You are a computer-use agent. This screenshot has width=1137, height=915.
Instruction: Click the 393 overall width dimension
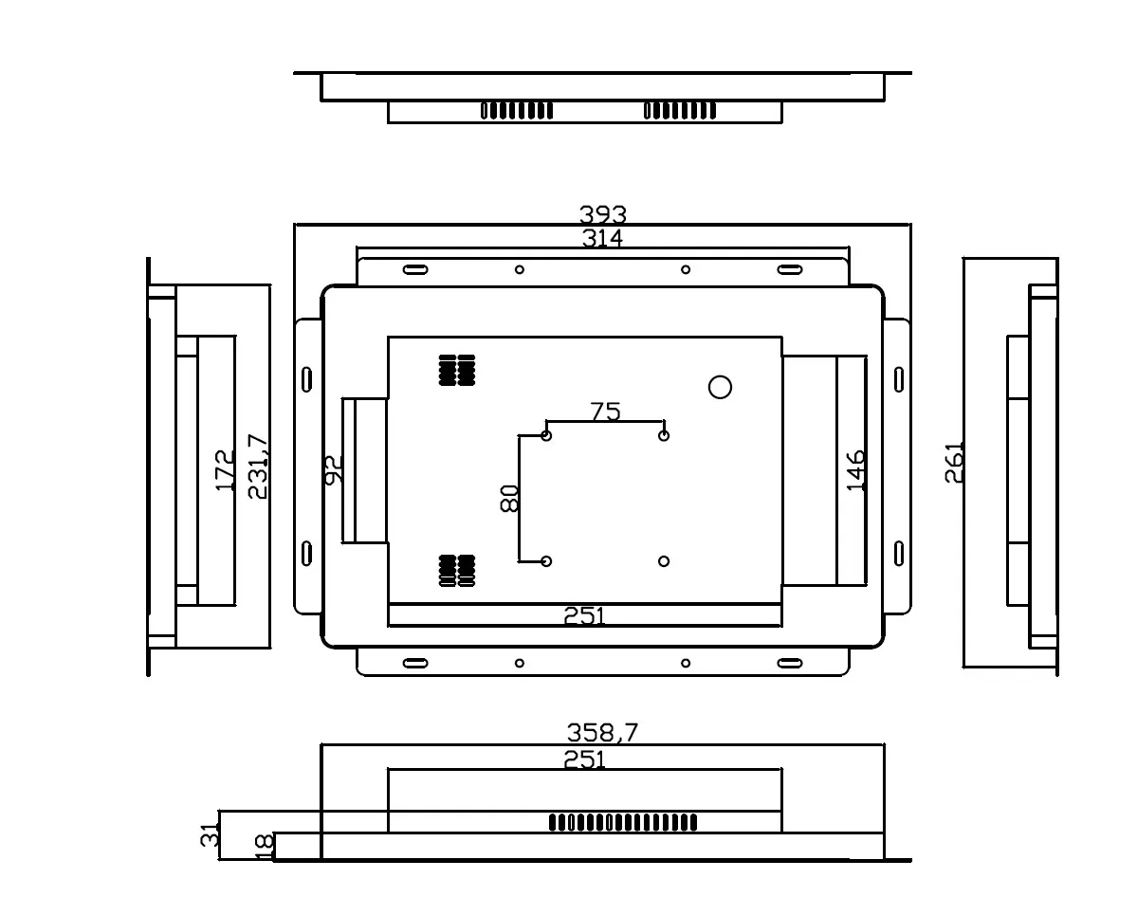pyautogui.click(x=603, y=215)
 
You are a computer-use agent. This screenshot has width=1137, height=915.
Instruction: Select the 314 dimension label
pyautogui.click(x=603, y=238)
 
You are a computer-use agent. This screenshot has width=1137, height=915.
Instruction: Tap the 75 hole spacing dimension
pyautogui.click(x=605, y=412)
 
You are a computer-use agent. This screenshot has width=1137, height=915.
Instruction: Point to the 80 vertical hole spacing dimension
pyautogui.click(x=509, y=498)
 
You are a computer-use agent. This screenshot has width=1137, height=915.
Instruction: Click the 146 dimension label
pyautogui.click(x=855, y=470)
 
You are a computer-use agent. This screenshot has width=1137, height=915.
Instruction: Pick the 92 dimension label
pyautogui.click(x=333, y=469)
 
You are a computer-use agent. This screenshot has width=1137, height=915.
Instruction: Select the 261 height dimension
pyautogui.click(x=954, y=462)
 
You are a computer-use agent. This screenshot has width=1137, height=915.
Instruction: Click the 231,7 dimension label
pyautogui.click(x=257, y=466)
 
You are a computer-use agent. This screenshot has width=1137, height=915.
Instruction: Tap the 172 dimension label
pyautogui.click(x=226, y=470)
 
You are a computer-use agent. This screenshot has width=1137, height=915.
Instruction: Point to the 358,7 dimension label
pyautogui.click(x=603, y=732)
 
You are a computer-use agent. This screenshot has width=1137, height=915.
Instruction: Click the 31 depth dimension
pyautogui.click(x=211, y=834)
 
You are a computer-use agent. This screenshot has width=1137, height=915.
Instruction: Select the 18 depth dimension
pyautogui.click(x=265, y=846)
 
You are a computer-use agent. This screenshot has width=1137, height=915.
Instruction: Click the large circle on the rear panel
pyautogui.click(x=721, y=387)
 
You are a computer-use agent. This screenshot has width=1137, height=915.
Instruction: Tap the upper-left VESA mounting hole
pyautogui.click(x=546, y=435)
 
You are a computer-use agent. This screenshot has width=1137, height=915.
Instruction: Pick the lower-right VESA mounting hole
pyautogui.click(x=664, y=561)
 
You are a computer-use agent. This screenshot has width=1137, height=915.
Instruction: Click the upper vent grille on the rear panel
pyautogui.click(x=457, y=370)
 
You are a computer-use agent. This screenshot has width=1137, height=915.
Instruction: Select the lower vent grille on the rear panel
pyautogui.click(x=457, y=569)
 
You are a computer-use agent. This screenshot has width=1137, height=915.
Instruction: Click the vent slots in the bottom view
pyautogui.click(x=623, y=822)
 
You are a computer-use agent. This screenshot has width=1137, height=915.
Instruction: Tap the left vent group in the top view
pyautogui.click(x=517, y=111)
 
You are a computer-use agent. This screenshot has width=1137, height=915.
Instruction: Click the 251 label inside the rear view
pyautogui.click(x=584, y=615)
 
